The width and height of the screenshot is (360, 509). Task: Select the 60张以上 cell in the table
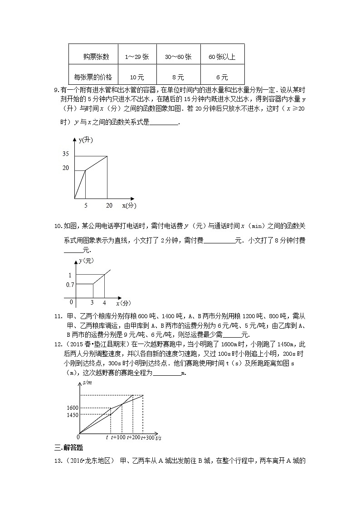point(222,57)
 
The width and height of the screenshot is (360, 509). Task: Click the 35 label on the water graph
point(66,154)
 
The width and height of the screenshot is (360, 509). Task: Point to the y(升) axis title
point(86,141)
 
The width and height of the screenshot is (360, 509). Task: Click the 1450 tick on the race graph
point(73,415)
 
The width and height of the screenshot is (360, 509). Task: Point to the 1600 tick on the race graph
point(73,407)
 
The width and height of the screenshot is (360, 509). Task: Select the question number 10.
point(58,226)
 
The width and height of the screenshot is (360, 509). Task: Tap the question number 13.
point(58,461)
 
